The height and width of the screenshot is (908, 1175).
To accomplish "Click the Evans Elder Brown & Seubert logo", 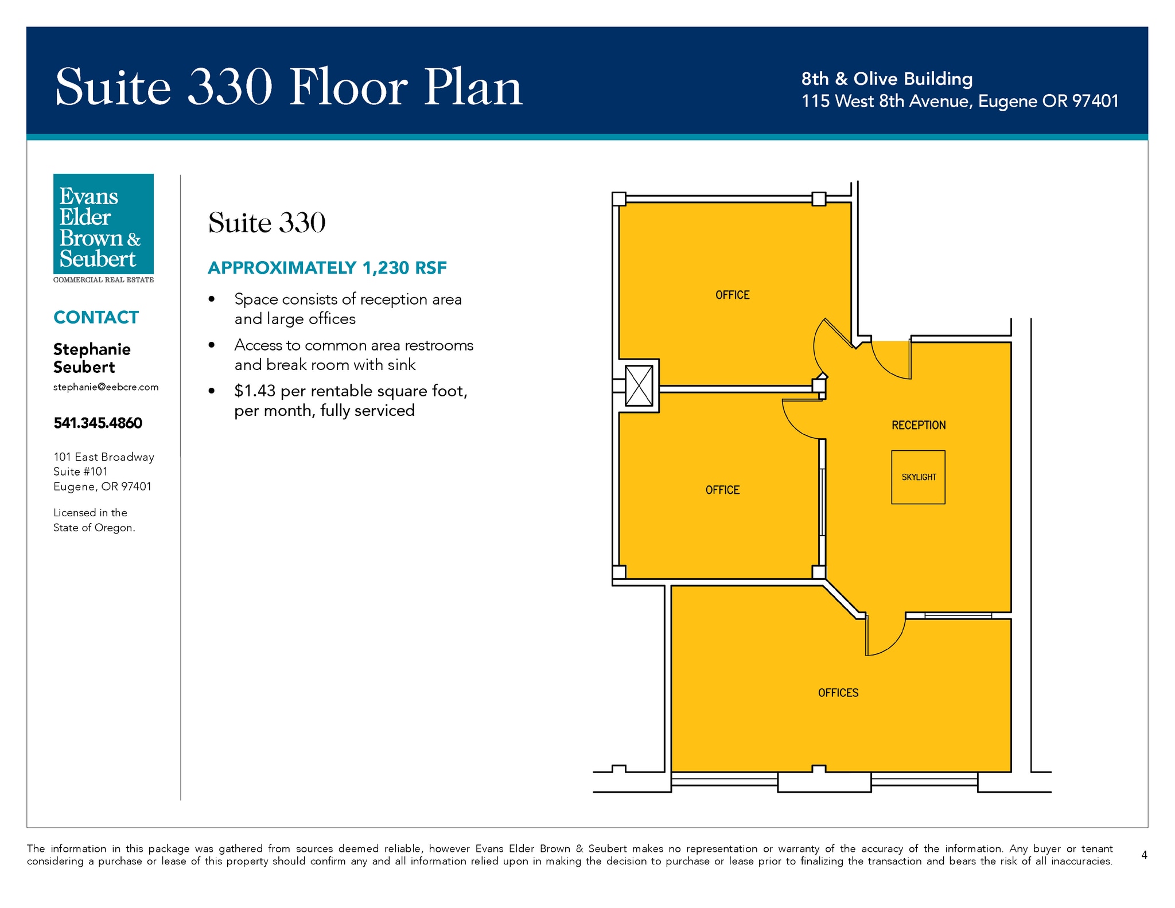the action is point(103,228).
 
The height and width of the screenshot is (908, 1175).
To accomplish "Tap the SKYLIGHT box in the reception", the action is point(918,477).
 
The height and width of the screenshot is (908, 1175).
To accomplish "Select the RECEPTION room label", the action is point(919,425).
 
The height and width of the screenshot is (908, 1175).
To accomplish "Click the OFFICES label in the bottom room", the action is point(838,693).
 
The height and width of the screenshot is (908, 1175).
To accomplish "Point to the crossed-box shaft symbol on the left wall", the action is point(639,385).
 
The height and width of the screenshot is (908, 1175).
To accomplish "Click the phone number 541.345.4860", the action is point(98,423).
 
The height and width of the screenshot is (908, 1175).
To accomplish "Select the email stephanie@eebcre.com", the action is point(106,387).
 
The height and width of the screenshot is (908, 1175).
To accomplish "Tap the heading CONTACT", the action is point(96,317).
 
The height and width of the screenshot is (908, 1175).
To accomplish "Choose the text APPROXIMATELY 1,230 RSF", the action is point(327,268).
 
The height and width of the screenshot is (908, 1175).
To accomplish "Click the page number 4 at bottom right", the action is point(1144,855).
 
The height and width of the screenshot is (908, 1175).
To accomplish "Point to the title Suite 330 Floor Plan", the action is point(289,87).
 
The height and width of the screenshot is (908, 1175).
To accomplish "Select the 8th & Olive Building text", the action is point(887,79).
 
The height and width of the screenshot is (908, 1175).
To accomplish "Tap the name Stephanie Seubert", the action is point(92,358).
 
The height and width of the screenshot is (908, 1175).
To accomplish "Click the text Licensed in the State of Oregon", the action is point(94,520).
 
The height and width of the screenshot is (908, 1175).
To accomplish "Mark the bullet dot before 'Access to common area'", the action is point(212,345).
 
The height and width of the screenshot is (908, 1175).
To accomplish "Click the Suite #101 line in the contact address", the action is point(80,471).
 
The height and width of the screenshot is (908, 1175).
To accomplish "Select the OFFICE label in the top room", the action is point(732,295).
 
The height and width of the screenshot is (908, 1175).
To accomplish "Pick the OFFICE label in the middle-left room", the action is point(722,490).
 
